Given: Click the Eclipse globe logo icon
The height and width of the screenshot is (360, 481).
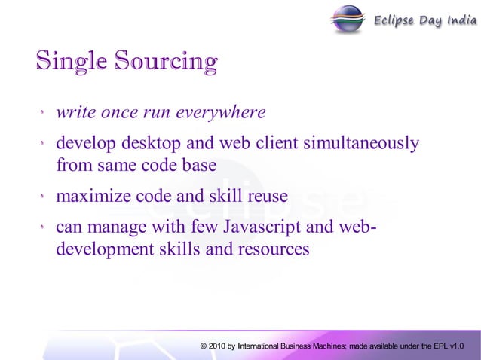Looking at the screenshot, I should (348, 18).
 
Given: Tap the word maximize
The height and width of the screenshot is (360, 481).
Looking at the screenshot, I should (93, 197).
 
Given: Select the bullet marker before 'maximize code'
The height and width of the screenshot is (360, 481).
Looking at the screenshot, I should (43, 197).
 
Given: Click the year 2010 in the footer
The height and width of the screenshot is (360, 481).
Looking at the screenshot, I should (219, 346).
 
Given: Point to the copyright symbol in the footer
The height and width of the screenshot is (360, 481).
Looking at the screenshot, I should (204, 346).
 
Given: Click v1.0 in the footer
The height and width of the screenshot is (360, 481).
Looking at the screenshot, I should (456, 346).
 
